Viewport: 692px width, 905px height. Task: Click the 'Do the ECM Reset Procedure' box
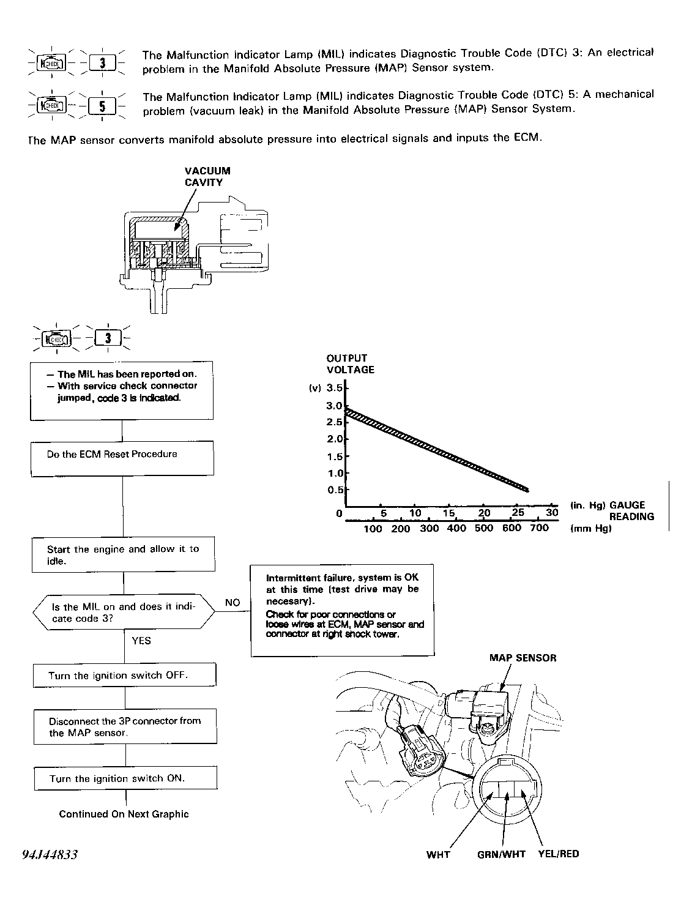[x=122, y=458]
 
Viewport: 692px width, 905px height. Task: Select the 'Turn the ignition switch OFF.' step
[x=124, y=676]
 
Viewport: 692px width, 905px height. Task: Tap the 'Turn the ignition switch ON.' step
[x=125, y=778]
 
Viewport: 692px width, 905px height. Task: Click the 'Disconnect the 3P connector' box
[x=125, y=726]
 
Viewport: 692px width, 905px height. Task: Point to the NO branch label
[x=232, y=603]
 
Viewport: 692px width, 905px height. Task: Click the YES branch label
[x=141, y=641]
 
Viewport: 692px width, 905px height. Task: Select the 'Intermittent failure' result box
[x=342, y=610]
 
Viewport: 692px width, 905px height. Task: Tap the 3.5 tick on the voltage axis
[x=335, y=388]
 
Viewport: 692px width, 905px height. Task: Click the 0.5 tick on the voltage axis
[x=335, y=490]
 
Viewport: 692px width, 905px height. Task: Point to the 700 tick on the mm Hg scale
[x=539, y=528]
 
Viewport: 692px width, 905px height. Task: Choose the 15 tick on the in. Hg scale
[x=449, y=513]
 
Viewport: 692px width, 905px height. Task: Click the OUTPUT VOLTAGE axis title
[x=350, y=363]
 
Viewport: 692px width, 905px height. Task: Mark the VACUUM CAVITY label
[x=207, y=177]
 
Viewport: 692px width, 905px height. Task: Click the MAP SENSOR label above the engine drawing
[x=523, y=658]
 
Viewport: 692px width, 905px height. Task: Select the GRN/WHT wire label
[x=501, y=854]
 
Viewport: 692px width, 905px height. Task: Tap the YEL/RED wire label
[x=558, y=854]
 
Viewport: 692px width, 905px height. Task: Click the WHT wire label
[x=438, y=854]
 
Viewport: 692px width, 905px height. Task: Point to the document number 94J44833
[x=50, y=854]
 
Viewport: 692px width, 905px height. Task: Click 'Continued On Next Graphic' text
[x=124, y=814]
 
